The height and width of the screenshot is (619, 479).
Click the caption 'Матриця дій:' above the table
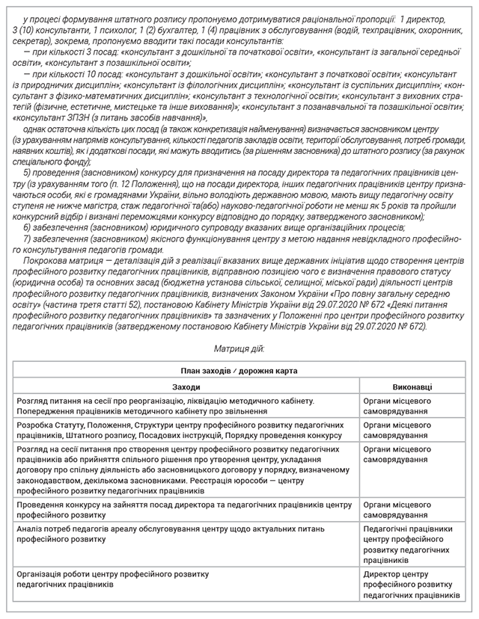pyautogui.click(x=239, y=348)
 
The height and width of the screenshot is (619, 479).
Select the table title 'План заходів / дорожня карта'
pyautogui.click(x=239, y=369)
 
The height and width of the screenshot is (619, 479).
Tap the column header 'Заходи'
pyautogui.click(x=186, y=387)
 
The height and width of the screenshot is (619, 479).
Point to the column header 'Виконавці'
pyautogui.click(x=411, y=387)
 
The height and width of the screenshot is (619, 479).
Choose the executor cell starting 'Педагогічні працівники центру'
pyautogui.click(x=411, y=544)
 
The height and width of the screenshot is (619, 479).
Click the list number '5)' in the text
pyautogui.click(x=28, y=173)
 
